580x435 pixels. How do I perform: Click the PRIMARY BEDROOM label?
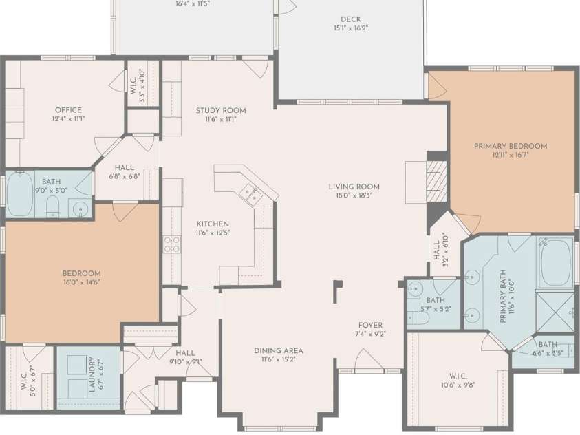point(510,146)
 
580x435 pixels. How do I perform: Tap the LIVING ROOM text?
point(354,187)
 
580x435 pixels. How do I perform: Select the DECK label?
point(350,19)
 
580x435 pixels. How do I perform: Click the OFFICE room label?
point(68,110)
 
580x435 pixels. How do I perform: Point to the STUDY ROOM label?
point(220,110)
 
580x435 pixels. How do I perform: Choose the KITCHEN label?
point(213,224)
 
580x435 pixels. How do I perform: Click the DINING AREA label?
point(278,350)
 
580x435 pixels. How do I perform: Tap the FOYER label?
point(370,325)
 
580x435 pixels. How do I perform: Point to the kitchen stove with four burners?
point(171,244)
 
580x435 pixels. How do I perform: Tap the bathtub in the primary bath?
point(555,262)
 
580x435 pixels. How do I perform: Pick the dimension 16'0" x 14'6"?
point(82,282)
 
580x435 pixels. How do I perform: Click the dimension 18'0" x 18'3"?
point(354,195)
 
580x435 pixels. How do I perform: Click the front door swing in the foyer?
point(369,359)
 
